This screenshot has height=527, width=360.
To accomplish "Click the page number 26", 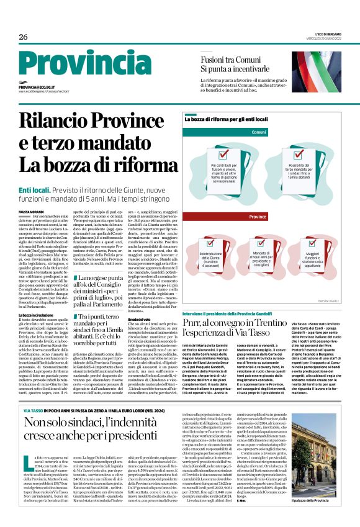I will click(x=24, y=37).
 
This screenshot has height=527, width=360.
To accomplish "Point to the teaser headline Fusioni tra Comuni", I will click(x=228, y=60).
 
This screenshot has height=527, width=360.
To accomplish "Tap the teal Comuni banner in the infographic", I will click(x=259, y=132).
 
